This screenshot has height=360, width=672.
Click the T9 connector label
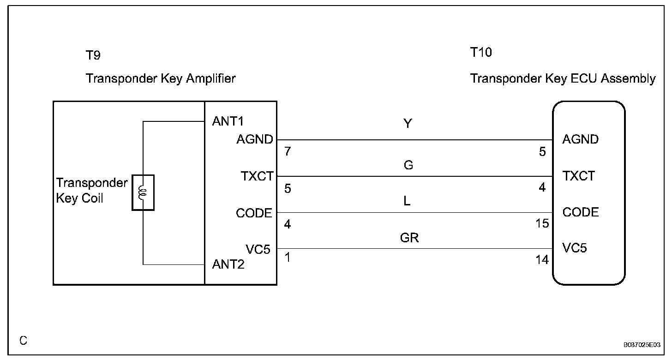[x=93, y=55]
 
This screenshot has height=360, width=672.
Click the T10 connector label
[x=481, y=53]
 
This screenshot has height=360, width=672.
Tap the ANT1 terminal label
[x=228, y=121]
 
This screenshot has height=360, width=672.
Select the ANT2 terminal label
[x=228, y=264]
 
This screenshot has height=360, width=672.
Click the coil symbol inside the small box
[x=143, y=193]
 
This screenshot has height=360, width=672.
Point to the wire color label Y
[x=408, y=124]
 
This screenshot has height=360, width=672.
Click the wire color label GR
[x=409, y=238]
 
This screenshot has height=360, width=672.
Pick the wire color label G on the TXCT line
[x=408, y=165]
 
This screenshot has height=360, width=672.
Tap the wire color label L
[x=407, y=202]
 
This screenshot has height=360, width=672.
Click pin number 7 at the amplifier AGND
[x=288, y=151]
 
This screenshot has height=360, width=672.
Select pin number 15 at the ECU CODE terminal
[x=542, y=224]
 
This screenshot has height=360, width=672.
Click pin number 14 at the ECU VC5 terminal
[x=542, y=260]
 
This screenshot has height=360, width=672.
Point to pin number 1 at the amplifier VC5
[x=288, y=257]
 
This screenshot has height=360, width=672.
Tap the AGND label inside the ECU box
[x=580, y=139]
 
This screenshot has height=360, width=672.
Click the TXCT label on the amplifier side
[x=257, y=176]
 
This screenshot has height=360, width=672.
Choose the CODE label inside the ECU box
[x=581, y=212]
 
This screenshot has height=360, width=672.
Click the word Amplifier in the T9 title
[x=211, y=78]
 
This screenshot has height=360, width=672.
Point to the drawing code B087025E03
[x=642, y=345]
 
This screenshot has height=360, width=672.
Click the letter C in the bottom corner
[x=23, y=341]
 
